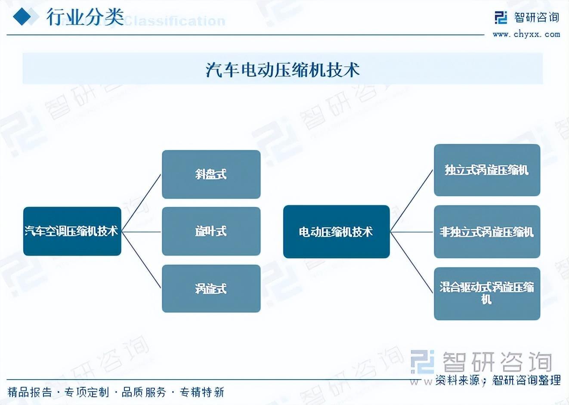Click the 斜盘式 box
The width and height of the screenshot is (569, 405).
[x=211, y=174]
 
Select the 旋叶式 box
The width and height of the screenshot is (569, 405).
[x=211, y=231]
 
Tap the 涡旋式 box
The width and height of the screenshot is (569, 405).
[x=211, y=288]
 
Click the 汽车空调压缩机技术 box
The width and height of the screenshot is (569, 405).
[x=72, y=231]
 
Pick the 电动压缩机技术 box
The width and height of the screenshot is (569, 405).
[x=336, y=232]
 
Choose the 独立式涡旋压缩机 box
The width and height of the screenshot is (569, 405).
[x=487, y=170]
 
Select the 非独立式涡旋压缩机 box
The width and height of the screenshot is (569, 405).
[x=487, y=232]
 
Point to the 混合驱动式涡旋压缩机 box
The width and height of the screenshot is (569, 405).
[x=487, y=293]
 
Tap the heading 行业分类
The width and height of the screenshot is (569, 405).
[x=85, y=17]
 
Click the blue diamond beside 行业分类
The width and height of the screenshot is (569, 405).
[x=22, y=17]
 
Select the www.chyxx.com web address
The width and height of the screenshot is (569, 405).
[x=526, y=34]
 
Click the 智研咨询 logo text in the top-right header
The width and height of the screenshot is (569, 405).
[x=536, y=18]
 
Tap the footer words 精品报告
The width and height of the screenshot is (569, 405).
[x=30, y=392]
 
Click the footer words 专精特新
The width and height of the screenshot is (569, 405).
[x=202, y=392]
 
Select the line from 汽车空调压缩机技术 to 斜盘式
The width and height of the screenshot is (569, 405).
[x=141, y=202]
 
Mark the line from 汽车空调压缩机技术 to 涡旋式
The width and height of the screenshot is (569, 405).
[x=141, y=259]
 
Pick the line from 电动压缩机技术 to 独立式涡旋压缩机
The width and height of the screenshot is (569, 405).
[x=411, y=201]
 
